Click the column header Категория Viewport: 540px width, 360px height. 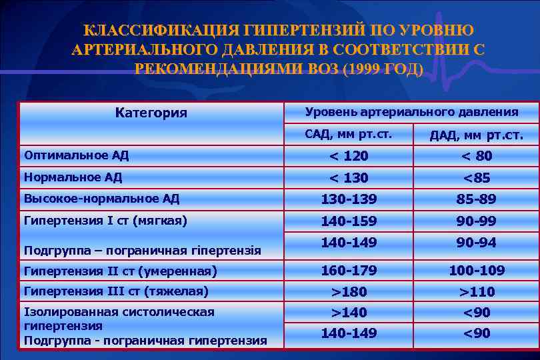[x=151, y=113]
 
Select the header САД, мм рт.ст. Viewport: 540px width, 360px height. [x=348, y=135]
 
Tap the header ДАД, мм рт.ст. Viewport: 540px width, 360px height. [x=476, y=136]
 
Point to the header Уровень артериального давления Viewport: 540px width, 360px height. [x=411, y=112]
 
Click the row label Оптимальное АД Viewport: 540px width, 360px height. [x=76, y=155]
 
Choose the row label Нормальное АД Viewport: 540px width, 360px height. [x=73, y=177]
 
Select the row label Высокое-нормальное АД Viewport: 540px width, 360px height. [x=101, y=198]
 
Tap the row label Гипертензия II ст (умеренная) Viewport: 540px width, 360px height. [x=120, y=271]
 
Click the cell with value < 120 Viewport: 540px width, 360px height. [x=349, y=156]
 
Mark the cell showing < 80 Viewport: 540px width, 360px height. [x=476, y=156]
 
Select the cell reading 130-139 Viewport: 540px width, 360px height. [x=349, y=199]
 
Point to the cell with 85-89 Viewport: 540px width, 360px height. [x=476, y=199]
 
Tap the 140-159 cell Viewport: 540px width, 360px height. [x=349, y=221]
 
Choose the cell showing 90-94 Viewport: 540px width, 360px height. [x=476, y=243]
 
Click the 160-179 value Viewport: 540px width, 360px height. [x=349, y=271]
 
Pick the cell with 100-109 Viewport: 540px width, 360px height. [x=476, y=271]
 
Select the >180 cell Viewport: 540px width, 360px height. [x=349, y=291]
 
